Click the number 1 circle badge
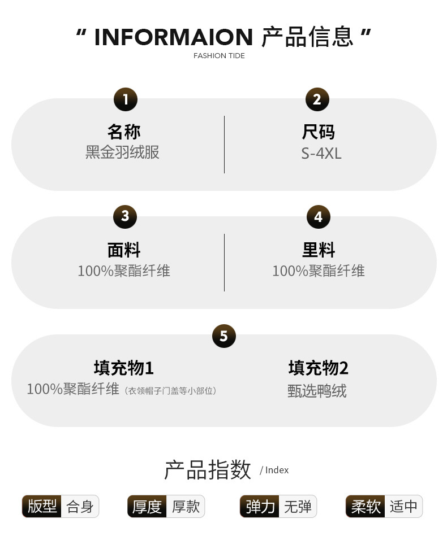(x=125, y=99)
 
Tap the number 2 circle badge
(x=317, y=99)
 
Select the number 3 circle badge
(x=125, y=216)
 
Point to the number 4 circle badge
(x=318, y=217)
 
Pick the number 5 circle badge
(x=223, y=336)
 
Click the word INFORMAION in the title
(x=173, y=37)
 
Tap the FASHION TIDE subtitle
(x=219, y=56)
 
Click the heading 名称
(x=124, y=132)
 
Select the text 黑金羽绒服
(x=122, y=152)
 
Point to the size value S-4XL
(x=321, y=153)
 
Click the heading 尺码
(x=319, y=132)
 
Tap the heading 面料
(x=124, y=250)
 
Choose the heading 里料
(x=319, y=250)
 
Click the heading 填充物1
(x=124, y=368)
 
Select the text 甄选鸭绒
(x=317, y=391)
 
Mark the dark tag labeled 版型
(x=42, y=506)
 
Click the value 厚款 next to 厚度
(x=186, y=507)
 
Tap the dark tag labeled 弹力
(x=260, y=507)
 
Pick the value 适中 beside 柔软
(x=403, y=507)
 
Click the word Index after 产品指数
(x=277, y=470)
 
